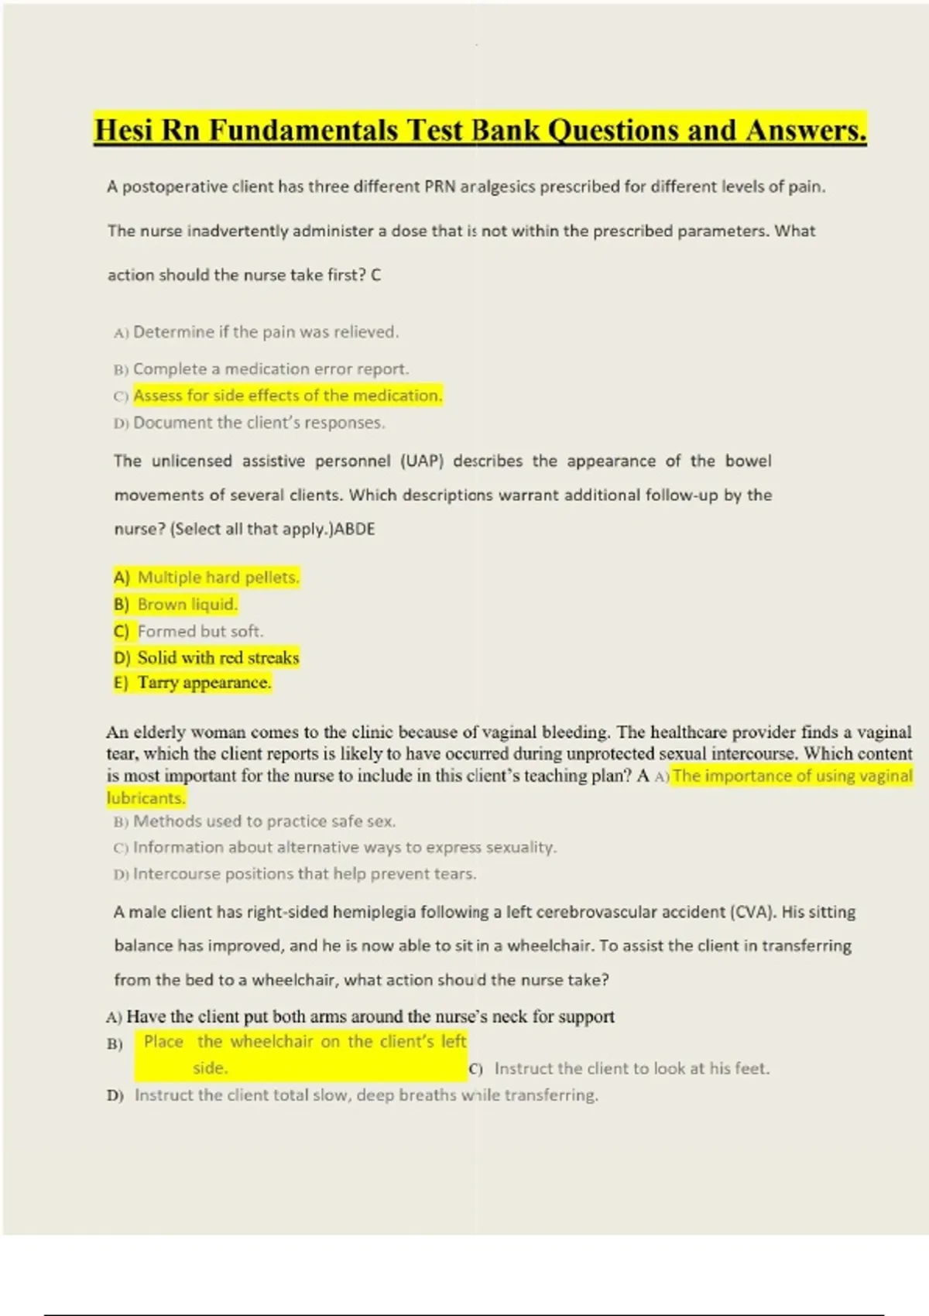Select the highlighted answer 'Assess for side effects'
click(x=287, y=396)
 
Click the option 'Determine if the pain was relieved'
click(x=266, y=332)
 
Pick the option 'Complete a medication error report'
click(x=271, y=369)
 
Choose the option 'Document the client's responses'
click(x=259, y=423)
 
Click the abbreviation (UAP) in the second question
click(x=422, y=461)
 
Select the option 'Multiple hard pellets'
click(x=218, y=577)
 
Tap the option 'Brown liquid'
click(x=187, y=605)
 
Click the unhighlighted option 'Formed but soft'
click(x=200, y=632)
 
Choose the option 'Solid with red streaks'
click(x=218, y=658)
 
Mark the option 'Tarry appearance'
click(x=204, y=683)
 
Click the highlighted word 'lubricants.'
click(x=146, y=798)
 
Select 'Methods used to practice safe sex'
click(x=264, y=821)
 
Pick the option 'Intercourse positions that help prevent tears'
click(x=304, y=874)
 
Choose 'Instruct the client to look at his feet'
click(x=632, y=1068)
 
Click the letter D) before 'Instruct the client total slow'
click(x=115, y=1096)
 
